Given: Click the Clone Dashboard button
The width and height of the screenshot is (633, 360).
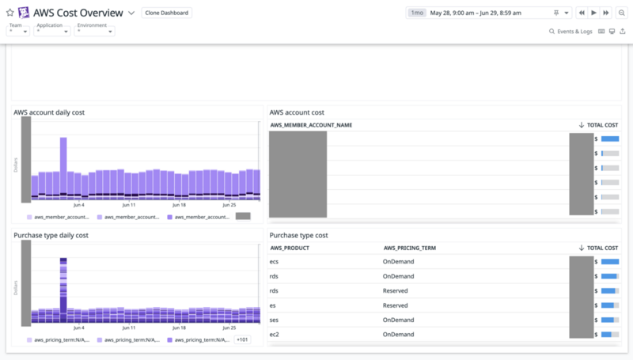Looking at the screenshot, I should [x=167, y=13].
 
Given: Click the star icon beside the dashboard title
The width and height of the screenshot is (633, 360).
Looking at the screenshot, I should [x=9, y=13].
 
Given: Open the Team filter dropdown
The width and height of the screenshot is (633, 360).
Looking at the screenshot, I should [x=18, y=31].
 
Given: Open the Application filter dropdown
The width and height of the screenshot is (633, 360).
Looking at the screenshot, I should [x=52, y=31].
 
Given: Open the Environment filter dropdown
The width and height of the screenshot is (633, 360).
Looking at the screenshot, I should [x=94, y=31].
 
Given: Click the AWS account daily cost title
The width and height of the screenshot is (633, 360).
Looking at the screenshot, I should [x=49, y=112].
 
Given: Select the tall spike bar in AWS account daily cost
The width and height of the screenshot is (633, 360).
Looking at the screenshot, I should [x=63, y=166].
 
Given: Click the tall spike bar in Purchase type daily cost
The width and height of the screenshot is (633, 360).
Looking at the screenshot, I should [x=63, y=289].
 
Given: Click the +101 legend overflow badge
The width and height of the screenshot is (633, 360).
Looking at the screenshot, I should [x=243, y=339].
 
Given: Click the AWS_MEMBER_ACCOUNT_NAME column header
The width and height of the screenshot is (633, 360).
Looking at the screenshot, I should [x=311, y=125].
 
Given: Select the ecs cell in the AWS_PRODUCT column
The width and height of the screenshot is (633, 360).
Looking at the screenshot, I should [x=275, y=260].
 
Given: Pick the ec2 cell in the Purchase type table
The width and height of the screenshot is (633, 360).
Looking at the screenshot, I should [x=275, y=334].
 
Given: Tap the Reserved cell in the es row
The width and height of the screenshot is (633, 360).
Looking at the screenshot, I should [x=395, y=305].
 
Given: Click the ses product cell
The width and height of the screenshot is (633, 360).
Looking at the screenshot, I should [x=275, y=320].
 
